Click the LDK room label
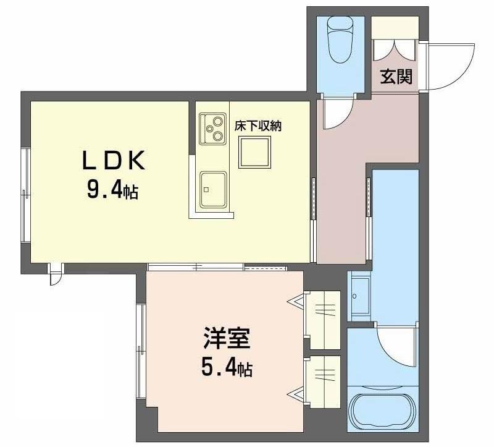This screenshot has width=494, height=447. click(114, 160)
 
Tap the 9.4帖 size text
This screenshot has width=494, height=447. click(112, 190)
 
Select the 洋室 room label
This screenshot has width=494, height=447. click(227, 338)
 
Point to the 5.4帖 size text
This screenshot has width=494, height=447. click(227, 368)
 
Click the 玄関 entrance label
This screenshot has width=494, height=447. click(396, 76)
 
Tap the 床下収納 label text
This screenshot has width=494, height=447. click(257, 126)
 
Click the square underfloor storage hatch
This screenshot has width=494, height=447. click(254, 152)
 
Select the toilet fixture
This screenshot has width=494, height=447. click(340, 39)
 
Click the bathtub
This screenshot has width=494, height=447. click(383, 410)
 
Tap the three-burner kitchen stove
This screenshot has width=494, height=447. click(212, 129)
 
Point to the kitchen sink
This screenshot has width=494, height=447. click(213, 189)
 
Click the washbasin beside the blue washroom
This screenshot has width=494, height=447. click(360, 297)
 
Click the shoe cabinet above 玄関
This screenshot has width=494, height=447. click(395, 28)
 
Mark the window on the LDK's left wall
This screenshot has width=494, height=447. click(26, 195)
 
